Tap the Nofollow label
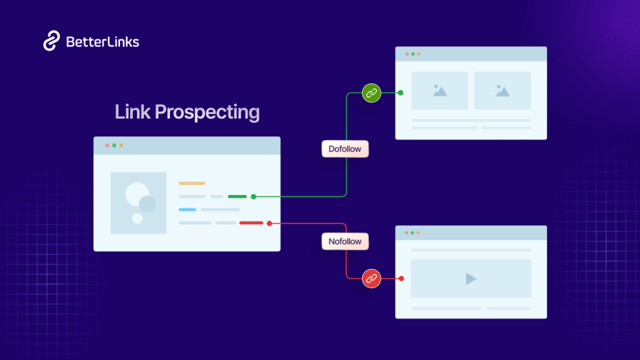click(344, 241)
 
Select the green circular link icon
click(371, 93)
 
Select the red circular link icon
click(372, 279)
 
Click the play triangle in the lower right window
click(471, 279)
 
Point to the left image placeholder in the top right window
click(439, 91)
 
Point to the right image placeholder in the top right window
click(502, 91)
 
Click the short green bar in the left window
click(237, 196)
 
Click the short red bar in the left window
click(251, 222)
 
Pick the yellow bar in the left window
click(192, 183)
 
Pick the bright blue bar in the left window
click(187, 209)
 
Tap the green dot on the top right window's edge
click(401, 93)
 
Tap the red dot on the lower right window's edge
click(401, 279)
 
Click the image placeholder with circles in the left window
click(139, 203)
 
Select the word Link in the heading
click(132, 112)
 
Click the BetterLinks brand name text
click(102, 42)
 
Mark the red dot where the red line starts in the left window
click(269, 222)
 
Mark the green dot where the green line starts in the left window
click(253, 196)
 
